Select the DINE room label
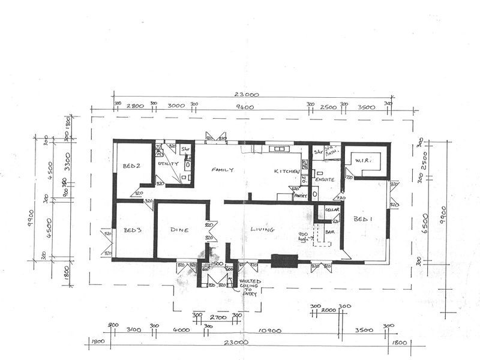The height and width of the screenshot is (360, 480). click(x=179, y=229)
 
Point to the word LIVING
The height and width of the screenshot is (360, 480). click(x=262, y=229)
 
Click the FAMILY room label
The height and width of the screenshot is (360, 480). click(x=221, y=170)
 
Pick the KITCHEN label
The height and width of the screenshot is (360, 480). click(x=287, y=172)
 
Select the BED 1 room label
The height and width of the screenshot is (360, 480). click(x=363, y=219)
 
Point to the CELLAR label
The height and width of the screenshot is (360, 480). click(x=332, y=209)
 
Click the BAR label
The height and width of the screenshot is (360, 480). click(x=329, y=230)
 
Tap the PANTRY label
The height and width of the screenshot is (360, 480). click(x=300, y=195)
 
